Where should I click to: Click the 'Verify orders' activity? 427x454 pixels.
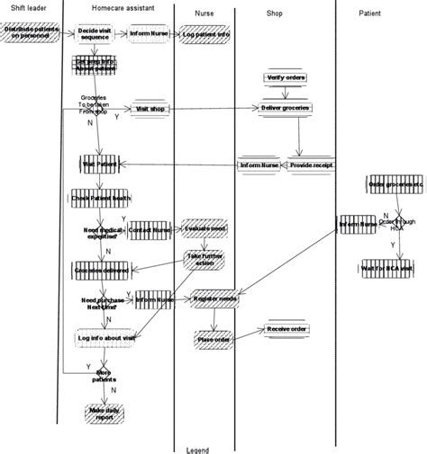[x=287, y=78]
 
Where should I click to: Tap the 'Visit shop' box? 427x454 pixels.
[x=151, y=109]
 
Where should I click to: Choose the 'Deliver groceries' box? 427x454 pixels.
[x=286, y=108]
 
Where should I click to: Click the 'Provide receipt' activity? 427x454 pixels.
[x=310, y=165]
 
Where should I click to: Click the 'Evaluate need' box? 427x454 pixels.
[x=205, y=230]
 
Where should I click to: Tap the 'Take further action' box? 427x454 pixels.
[x=206, y=260]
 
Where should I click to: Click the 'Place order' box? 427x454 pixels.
[x=213, y=339]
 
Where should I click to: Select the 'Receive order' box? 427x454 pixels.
[x=286, y=330]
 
